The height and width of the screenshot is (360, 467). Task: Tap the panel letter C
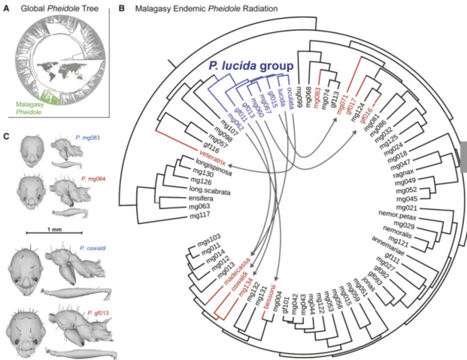tap(7, 135)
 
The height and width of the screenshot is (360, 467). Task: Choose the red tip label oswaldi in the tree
tap(235, 286)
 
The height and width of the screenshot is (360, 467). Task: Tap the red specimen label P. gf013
tap(101, 310)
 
